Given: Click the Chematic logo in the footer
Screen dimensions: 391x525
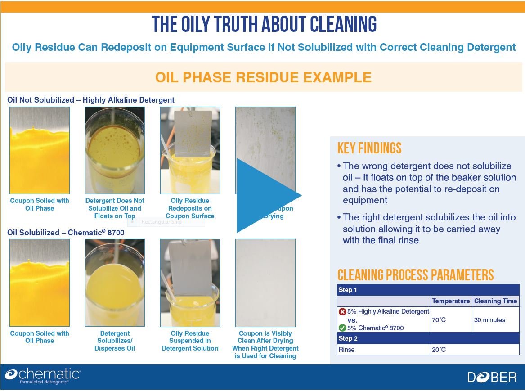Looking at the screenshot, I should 43,376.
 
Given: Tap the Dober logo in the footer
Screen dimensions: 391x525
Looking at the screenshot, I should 492,377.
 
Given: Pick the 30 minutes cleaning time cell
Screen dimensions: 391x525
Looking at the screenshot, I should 489,320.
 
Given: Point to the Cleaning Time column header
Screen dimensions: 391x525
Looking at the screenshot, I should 495,301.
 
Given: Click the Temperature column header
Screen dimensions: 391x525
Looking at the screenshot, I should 451,301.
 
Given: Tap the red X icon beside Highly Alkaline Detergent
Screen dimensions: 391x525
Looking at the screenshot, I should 342,311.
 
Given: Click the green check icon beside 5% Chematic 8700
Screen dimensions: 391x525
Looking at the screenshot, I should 342,328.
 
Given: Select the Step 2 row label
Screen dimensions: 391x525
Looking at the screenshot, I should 348,338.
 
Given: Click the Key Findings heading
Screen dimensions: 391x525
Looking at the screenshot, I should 369,148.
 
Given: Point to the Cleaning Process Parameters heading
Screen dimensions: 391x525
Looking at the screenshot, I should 415,275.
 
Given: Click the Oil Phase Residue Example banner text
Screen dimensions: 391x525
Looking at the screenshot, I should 263,77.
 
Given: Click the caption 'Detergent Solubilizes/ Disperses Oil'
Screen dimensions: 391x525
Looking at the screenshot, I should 115,341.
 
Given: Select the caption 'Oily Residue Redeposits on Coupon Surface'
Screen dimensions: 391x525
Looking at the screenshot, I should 190,208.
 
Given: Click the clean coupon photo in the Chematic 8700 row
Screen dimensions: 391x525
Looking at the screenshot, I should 265,282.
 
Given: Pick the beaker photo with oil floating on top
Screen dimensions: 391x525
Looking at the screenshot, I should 115,150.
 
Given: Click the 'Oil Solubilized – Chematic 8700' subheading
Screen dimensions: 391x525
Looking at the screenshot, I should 66,233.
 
